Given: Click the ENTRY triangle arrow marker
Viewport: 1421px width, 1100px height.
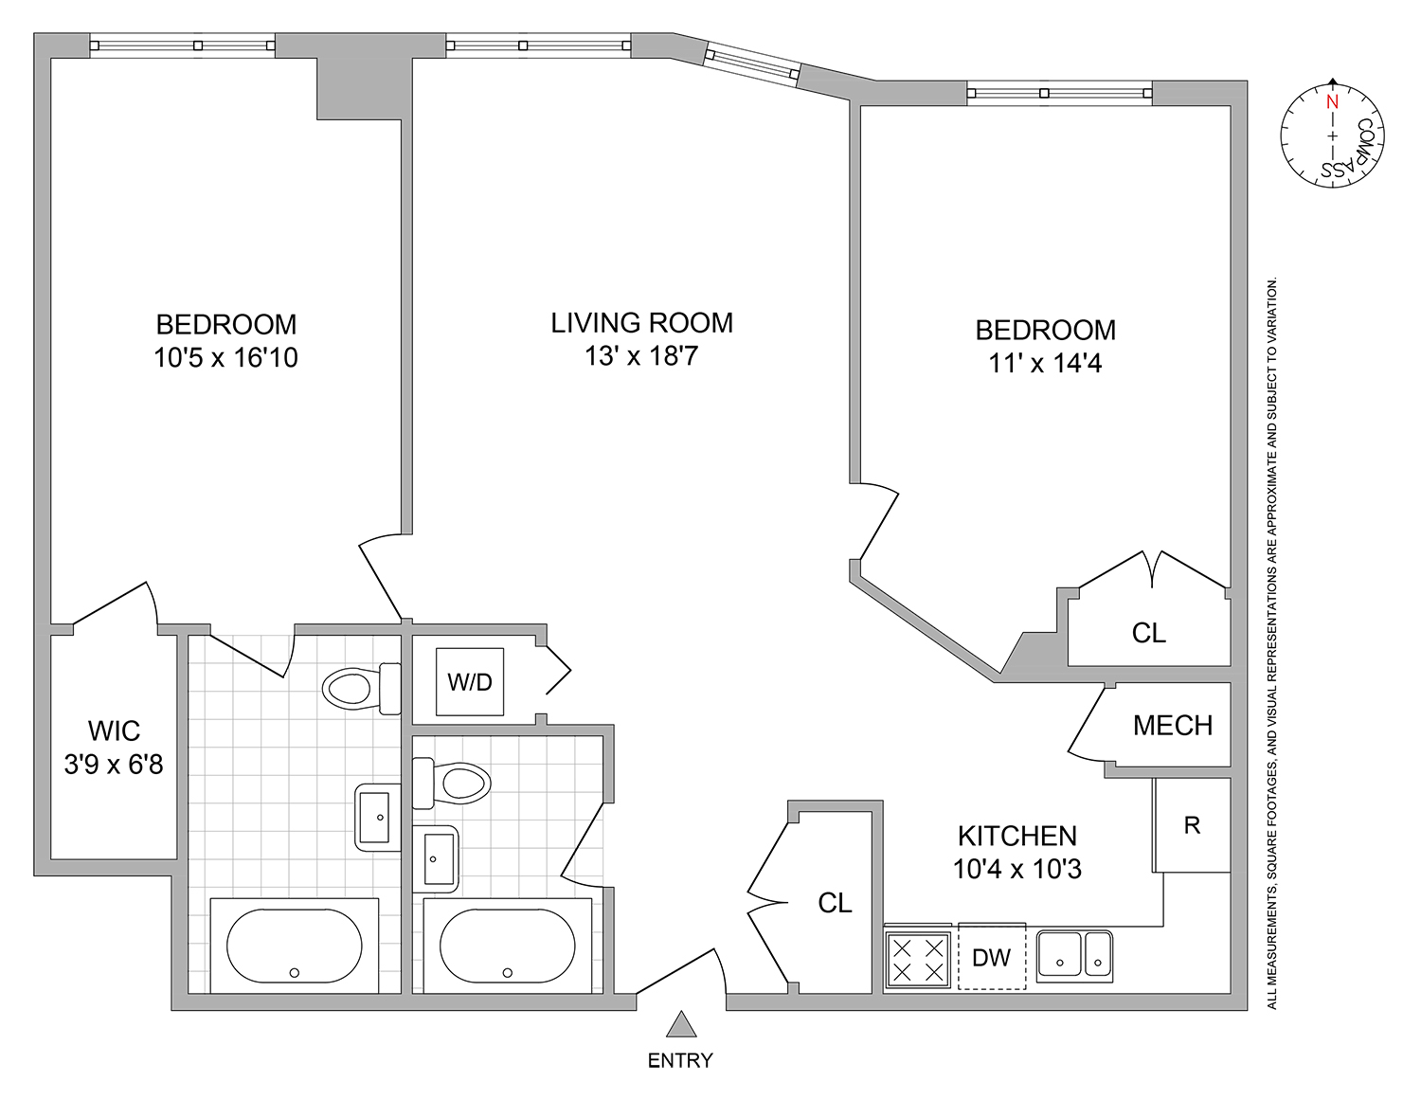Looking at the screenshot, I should (678, 1025).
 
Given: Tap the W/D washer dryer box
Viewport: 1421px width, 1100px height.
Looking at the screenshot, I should (470, 681).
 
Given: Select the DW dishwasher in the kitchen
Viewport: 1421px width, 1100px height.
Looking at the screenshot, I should (991, 956).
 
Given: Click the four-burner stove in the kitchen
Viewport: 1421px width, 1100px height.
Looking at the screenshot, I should (917, 958).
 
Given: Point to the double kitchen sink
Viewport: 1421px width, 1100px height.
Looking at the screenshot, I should (1074, 954).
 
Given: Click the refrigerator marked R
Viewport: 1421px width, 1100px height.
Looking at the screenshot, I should (1192, 825).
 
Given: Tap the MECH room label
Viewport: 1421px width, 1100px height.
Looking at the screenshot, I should (1173, 726).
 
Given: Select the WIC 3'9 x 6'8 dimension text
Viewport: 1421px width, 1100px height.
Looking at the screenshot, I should (114, 764).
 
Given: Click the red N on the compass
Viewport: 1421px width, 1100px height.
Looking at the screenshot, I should (1332, 101).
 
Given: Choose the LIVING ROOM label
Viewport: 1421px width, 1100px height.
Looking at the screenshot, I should (641, 323).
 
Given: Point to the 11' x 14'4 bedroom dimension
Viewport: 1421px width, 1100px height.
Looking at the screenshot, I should (1046, 363).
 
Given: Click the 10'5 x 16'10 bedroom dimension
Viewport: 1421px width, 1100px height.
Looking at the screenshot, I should (225, 357).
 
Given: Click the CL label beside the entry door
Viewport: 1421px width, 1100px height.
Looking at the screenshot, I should (835, 903).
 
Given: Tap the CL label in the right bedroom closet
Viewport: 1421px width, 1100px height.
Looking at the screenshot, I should (1148, 633).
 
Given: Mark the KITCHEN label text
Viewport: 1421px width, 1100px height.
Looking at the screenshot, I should (1017, 836).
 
